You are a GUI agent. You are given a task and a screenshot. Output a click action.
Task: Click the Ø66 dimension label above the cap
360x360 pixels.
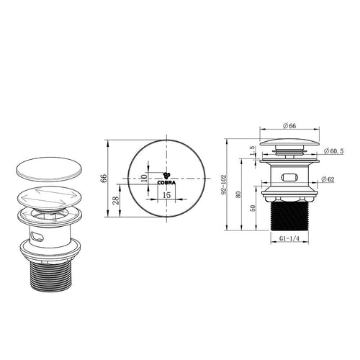(x=289, y=126)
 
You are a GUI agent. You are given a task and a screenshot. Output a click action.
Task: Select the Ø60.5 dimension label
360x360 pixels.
(x=333, y=151)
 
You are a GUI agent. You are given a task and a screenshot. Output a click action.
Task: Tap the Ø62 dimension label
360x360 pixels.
(x=328, y=179)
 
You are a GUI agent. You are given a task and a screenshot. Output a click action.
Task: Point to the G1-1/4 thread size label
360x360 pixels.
(x=289, y=239)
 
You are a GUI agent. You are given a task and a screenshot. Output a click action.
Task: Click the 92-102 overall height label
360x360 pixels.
(x=224, y=184)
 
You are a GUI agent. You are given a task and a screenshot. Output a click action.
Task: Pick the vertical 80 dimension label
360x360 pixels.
(x=238, y=194)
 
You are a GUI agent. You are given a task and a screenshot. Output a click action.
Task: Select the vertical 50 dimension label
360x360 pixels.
(x=253, y=208)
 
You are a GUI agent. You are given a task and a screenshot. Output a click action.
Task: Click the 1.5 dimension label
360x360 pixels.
(x=252, y=150)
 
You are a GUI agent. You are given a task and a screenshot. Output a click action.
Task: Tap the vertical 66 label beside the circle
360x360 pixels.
(x=104, y=179)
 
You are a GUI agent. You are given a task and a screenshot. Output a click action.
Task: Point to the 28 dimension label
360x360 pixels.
(x=116, y=200)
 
